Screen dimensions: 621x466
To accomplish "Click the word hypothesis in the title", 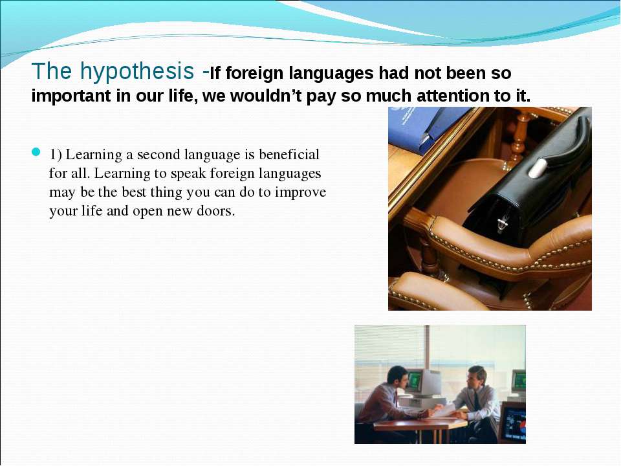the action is [x=137, y=71].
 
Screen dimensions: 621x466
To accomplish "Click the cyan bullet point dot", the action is [x=36, y=151].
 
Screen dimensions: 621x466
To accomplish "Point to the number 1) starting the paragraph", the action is [x=56, y=155].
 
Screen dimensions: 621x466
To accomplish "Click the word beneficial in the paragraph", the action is [x=289, y=154].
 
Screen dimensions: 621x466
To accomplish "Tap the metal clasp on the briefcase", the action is [x=502, y=225].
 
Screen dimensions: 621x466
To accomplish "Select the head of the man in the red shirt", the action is [x=398, y=377].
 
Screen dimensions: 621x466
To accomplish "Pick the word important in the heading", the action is [x=71, y=96].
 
